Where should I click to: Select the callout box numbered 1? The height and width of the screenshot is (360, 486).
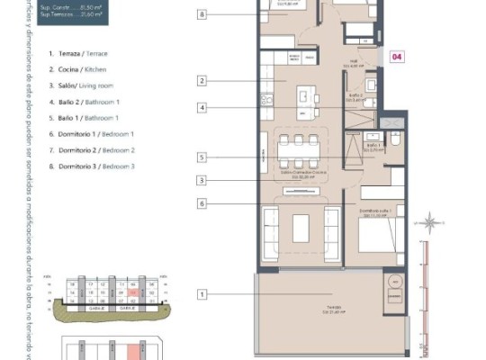coord(202,293)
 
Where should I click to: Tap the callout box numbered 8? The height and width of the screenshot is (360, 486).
coord(202,15)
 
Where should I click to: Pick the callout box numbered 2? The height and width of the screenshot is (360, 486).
coord(202,81)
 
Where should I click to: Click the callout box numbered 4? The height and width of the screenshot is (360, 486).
coord(202,108)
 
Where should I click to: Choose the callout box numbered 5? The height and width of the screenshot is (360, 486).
coord(202,157)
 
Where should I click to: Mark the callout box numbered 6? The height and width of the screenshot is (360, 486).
coord(202,204)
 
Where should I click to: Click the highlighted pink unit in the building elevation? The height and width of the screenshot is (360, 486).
coord(131,292)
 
